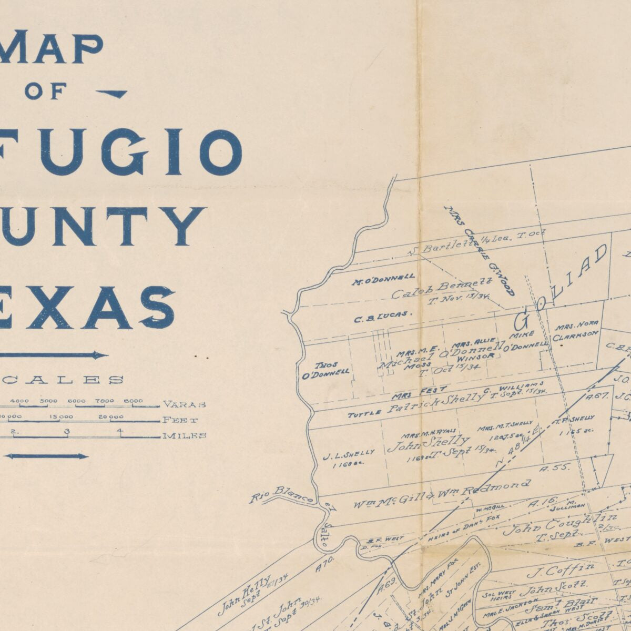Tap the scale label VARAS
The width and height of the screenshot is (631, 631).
[184, 404]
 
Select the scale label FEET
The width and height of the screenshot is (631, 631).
[181, 420]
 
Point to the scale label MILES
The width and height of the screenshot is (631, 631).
[185, 435]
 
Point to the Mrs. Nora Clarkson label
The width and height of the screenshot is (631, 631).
[576, 330]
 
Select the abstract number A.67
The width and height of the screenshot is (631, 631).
[596, 396]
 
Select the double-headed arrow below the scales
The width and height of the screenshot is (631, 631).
[46, 456]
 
